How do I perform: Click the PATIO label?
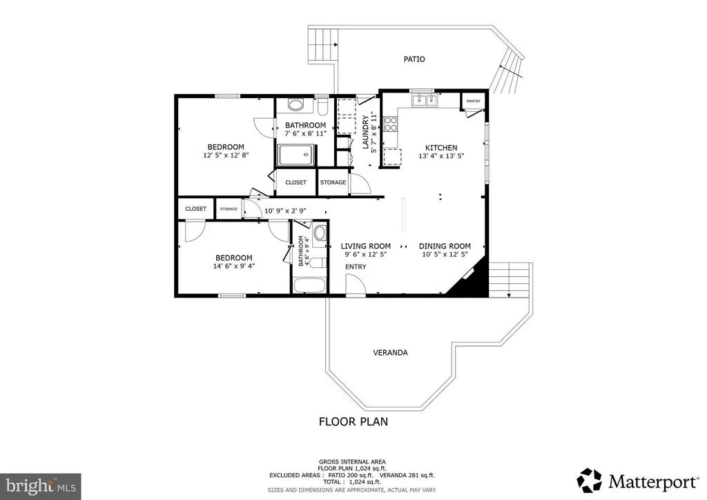414,59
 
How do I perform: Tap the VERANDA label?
391,353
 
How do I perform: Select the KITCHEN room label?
441,148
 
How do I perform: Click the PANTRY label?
474,102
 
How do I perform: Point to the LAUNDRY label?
366,132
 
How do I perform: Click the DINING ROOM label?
445,246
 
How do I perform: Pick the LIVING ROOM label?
366,246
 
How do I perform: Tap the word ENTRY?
356,267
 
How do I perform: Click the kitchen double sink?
425,100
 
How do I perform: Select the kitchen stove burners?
390,124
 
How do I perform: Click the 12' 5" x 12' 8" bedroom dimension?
226,155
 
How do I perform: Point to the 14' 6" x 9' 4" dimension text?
234,266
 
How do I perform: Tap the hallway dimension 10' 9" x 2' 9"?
285,211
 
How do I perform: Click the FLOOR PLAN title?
353,421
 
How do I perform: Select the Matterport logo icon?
590,481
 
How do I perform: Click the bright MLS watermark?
41,486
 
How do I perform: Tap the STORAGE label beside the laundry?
333,182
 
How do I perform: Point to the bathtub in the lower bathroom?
309,286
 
